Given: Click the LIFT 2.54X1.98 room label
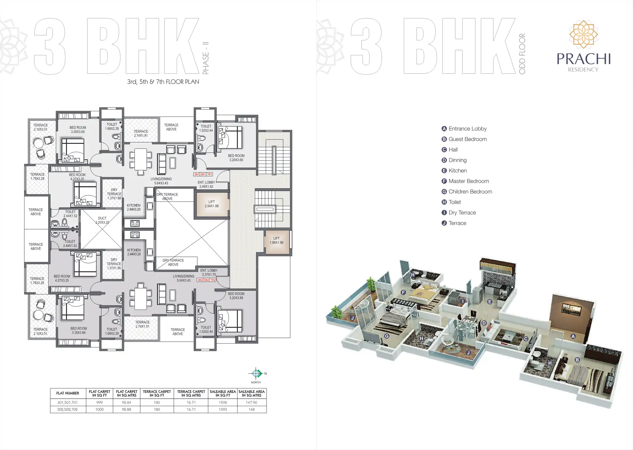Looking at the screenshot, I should (x=212, y=204).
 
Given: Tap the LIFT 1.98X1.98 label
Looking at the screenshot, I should (x=276, y=240).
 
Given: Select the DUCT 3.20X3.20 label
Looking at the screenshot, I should (x=102, y=220).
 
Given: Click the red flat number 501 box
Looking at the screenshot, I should (x=203, y=174).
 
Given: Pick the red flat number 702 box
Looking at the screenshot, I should (x=213, y=280).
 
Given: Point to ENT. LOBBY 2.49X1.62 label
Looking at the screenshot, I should (x=206, y=184).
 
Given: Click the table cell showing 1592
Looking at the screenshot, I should (x=223, y=402).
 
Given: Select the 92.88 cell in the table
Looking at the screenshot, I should (x=126, y=410).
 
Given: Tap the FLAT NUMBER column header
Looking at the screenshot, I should (x=68, y=393).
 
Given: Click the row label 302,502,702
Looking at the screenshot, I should (x=67, y=410).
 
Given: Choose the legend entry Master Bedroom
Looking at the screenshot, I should (x=469, y=181).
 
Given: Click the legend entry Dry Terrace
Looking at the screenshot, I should (x=462, y=213).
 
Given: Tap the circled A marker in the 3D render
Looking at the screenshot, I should (x=573, y=336).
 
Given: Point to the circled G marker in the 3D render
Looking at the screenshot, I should (x=387, y=336).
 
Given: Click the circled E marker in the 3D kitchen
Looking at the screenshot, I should (x=490, y=302).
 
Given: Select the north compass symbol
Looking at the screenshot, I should (x=256, y=374).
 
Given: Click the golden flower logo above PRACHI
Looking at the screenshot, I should (x=583, y=34).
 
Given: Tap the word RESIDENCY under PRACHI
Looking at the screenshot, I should (x=583, y=70).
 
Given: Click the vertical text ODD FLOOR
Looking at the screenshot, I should (x=522, y=54).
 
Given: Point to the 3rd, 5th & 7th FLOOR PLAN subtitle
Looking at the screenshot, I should (x=163, y=82).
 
